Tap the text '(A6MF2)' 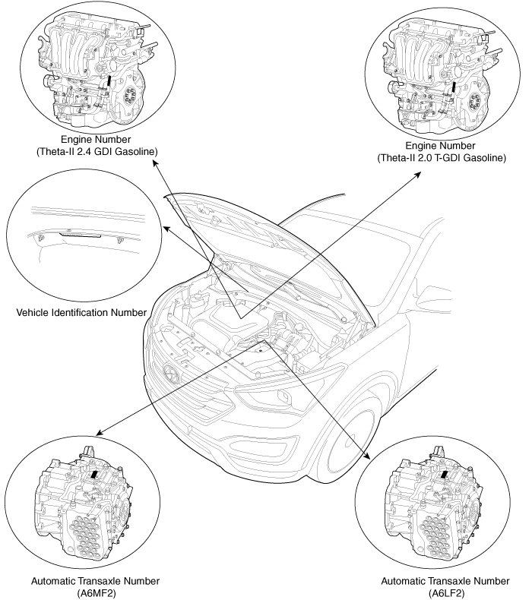96,592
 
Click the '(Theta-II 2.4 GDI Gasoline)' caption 97,152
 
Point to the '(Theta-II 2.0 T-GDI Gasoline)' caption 442,158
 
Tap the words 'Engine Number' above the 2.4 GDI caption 97,141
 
